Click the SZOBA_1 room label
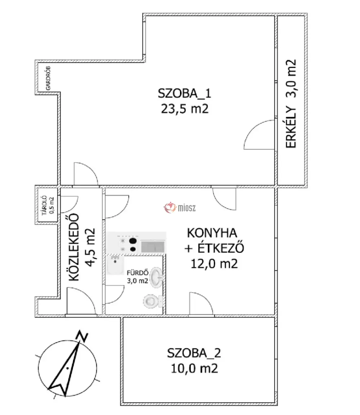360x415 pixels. pyautogui.click(x=184, y=94)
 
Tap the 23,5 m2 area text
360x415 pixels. pyautogui.click(x=185, y=109)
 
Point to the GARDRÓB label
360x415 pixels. pyautogui.click(x=48, y=78)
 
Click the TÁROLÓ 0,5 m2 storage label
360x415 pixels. pyautogui.click(x=48, y=205)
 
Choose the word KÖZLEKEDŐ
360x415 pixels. pyautogui.click(x=74, y=247)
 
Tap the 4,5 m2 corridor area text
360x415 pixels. pyautogui.click(x=90, y=247)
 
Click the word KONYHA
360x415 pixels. pyautogui.click(x=212, y=233)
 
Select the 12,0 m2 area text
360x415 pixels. pyautogui.click(x=214, y=264)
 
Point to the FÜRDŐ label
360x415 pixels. pyautogui.click(x=138, y=273)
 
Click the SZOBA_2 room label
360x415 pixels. pyautogui.click(x=194, y=353)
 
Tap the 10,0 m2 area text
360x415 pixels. pyautogui.click(x=194, y=368)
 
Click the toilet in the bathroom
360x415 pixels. pyautogui.click(x=153, y=301)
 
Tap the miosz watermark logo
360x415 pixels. pyautogui.click(x=180, y=208)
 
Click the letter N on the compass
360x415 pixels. pyautogui.click(x=82, y=336)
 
